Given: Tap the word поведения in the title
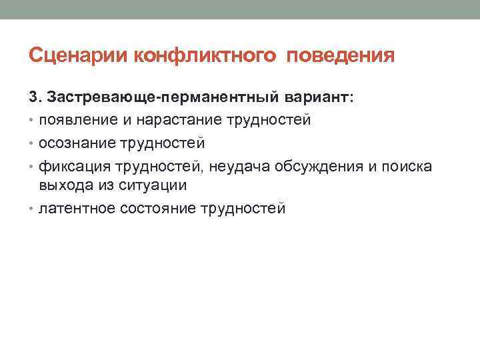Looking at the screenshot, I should (x=341, y=55).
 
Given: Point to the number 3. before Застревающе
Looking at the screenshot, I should (x=35, y=98).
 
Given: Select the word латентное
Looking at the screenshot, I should (x=77, y=209).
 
